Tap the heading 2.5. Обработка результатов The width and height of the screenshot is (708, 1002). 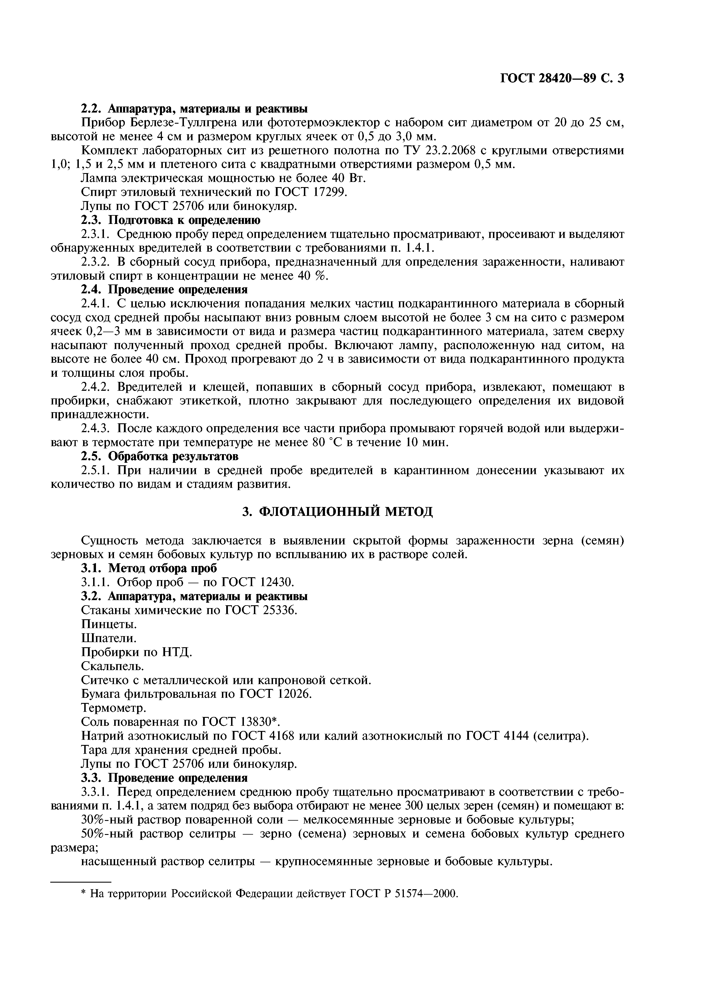click(160, 456)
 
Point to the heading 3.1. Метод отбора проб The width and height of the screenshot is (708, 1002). click(149, 568)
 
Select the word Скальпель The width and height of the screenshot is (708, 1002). click(113, 666)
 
